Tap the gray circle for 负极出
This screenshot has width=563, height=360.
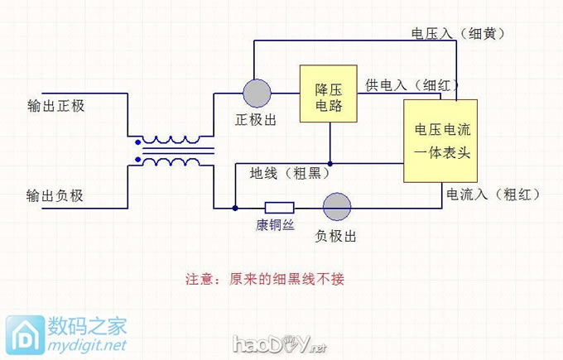(x=336, y=207)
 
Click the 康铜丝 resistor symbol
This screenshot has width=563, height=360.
(x=278, y=207)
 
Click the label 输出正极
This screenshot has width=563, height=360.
(x=55, y=107)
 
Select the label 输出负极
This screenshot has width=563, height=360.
(x=55, y=196)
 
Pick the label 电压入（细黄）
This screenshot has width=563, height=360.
(x=458, y=33)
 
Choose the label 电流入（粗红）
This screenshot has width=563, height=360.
(x=493, y=195)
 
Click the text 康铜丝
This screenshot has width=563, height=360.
(x=275, y=225)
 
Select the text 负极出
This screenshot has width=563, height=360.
(x=336, y=237)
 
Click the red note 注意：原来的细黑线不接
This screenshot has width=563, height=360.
(x=264, y=279)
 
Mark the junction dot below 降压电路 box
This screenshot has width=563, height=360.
(x=330, y=163)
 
